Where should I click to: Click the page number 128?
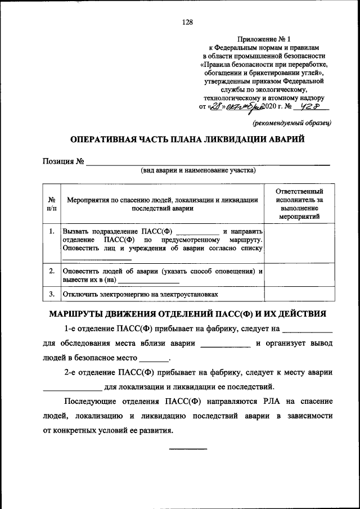tap(187, 22)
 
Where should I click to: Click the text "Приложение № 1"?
tap(264, 39)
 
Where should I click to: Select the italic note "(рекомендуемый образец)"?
tap(292, 121)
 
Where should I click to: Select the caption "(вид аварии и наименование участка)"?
tap(198, 170)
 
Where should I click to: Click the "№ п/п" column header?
tap(51, 204)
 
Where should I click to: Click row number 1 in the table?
tap(51, 231)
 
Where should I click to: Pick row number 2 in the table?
tap(51, 271)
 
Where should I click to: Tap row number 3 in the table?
tap(51, 294)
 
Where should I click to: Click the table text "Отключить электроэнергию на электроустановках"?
tap(140, 294)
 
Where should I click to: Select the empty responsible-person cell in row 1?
tap(299, 243)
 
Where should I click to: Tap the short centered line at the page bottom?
tap(188, 449)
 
